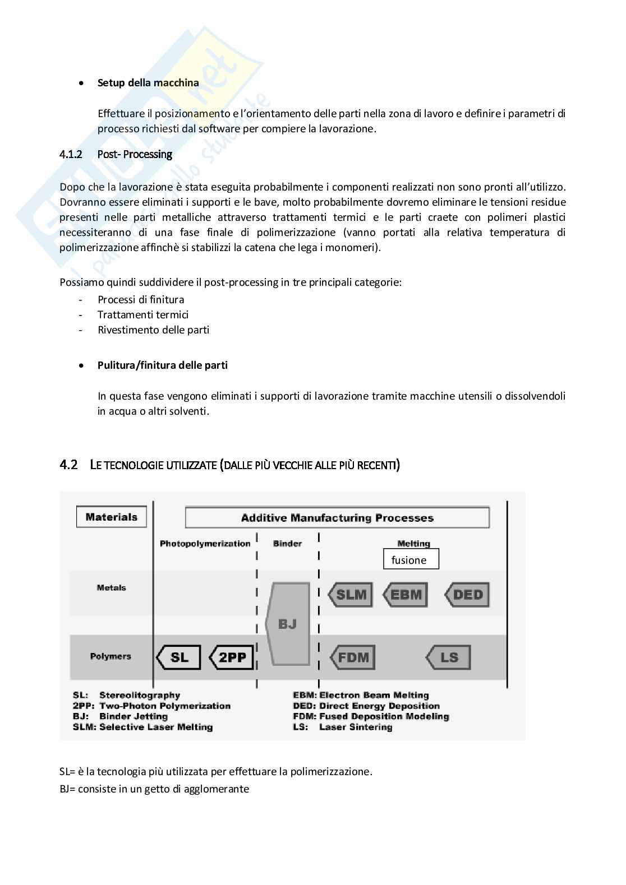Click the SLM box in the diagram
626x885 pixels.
point(351,595)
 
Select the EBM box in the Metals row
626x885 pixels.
point(406,595)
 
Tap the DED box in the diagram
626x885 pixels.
point(467,595)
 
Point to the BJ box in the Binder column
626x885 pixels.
point(288,624)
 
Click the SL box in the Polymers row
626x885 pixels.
point(179,657)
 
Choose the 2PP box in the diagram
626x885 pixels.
point(232,657)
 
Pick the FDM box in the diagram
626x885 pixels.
point(353,657)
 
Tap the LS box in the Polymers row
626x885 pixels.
point(449,657)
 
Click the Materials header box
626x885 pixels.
point(111,517)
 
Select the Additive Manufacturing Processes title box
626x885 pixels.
point(337,517)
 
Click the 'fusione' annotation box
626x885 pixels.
point(411,559)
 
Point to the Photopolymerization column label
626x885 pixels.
point(205,544)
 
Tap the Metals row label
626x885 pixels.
point(111,587)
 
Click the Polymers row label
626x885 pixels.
point(111,656)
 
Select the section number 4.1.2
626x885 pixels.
point(71,154)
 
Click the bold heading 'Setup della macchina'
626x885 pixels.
point(148,83)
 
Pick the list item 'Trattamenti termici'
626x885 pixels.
point(143,315)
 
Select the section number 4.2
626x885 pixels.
point(68,465)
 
